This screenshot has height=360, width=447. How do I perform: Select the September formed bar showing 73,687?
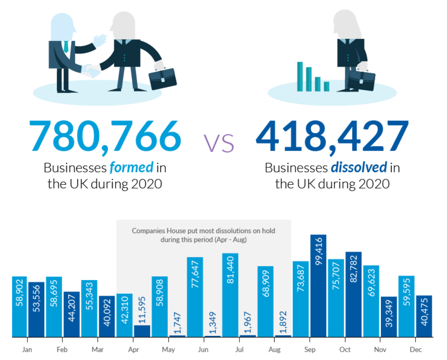point(301,299)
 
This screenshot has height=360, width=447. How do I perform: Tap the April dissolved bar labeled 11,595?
point(142,331)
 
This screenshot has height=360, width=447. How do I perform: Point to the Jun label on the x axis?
point(204,350)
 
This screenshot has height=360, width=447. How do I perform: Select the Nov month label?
point(380,350)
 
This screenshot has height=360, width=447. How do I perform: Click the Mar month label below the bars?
point(97,350)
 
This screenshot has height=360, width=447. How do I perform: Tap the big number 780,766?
point(105,136)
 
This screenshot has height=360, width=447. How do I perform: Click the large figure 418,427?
point(332,136)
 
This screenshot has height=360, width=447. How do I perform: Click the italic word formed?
point(131,167)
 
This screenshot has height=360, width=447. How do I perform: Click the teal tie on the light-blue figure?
point(66,46)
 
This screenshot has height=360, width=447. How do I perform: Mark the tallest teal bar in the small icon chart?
point(300,76)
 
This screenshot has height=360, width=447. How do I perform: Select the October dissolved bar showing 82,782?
point(353,294)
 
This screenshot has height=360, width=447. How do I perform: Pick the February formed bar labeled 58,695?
point(54,307)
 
